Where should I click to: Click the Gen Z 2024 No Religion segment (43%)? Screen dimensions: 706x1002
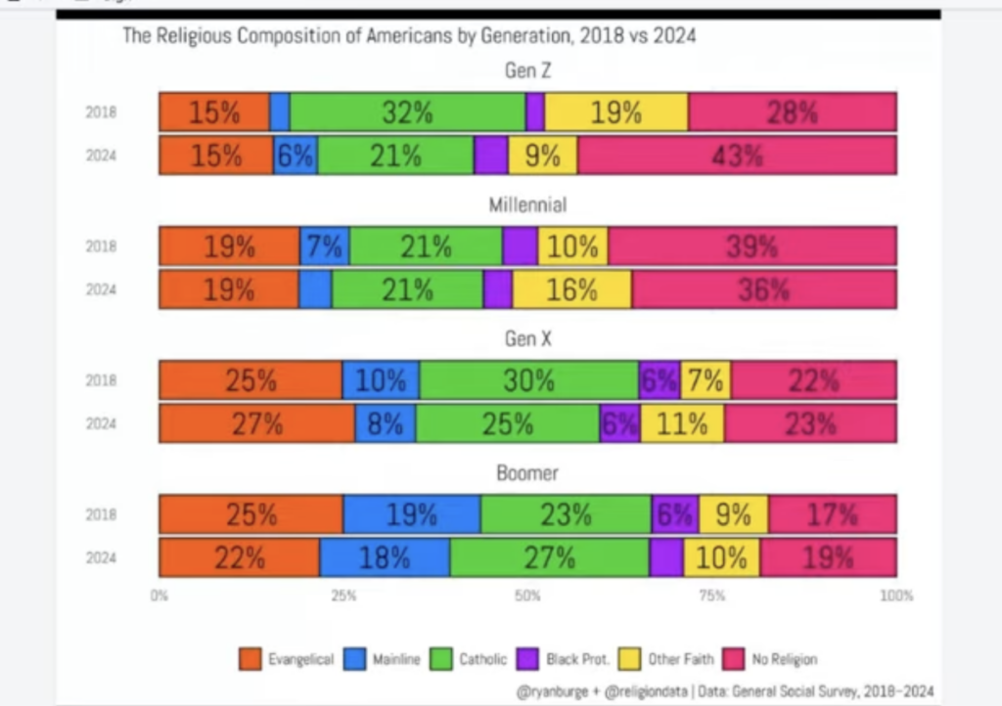[736, 155]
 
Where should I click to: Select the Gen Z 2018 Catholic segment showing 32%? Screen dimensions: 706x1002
[407, 111]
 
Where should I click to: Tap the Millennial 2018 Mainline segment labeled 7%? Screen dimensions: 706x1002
[325, 246]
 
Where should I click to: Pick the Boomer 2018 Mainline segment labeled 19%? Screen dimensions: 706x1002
[411, 513]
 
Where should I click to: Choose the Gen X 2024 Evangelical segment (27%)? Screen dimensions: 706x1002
[256, 423]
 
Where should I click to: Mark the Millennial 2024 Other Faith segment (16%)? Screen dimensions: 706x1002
[571, 290]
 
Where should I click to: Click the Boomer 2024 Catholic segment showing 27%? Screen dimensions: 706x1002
[549, 557]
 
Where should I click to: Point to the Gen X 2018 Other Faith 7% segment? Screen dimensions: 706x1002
[706, 379]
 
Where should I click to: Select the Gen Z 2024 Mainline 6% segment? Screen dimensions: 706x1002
[296, 155]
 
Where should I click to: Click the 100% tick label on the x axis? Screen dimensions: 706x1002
[896, 595]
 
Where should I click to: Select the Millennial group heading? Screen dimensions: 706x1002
[527, 205]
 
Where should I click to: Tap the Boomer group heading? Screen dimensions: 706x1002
[527, 472]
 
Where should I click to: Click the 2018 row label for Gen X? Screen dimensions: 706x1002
[101, 379]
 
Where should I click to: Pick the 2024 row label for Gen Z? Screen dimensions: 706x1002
[101, 155]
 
